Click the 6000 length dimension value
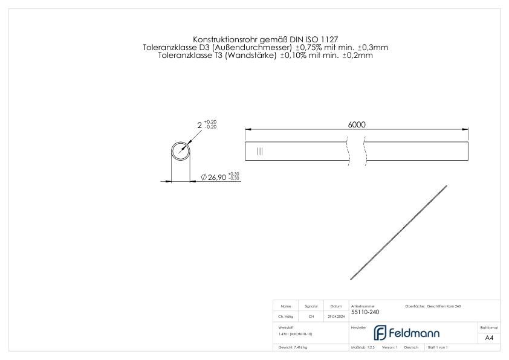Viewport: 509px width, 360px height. [x=357, y=124]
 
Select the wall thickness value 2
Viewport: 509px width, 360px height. [x=199, y=125]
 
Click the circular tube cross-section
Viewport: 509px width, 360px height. [x=181, y=150]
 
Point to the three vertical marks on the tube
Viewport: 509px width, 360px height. [x=260, y=151]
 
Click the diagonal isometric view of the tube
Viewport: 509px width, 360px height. [x=399, y=232]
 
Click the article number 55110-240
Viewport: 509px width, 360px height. [x=365, y=312]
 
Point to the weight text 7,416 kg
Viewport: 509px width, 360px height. [x=293, y=348]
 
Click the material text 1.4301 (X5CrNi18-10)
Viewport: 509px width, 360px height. [x=295, y=333]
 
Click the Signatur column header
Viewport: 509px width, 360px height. [x=311, y=306]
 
